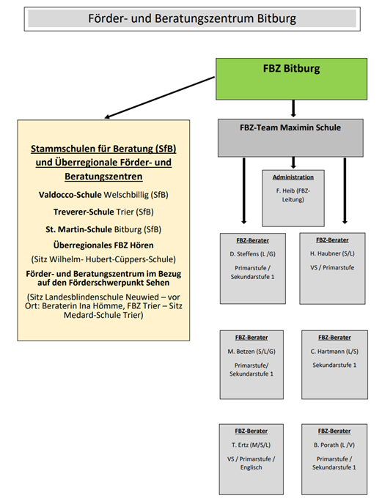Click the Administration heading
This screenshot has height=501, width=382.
[293, 177]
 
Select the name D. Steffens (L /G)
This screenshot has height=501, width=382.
[252, 253]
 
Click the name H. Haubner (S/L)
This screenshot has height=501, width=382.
[333, 253]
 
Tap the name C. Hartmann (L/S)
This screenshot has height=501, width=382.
[334, 351]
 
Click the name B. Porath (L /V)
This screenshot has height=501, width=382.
[334, 444]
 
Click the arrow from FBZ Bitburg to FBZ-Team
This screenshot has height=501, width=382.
[293, 108]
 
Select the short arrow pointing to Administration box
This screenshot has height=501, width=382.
[293, 162]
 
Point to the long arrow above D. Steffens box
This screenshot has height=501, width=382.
[243, 190]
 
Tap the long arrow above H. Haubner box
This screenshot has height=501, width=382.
[344, 190]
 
